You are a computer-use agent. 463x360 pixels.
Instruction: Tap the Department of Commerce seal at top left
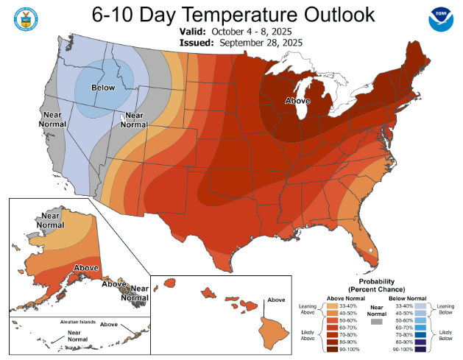24,19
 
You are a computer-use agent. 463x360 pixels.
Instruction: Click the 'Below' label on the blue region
104,88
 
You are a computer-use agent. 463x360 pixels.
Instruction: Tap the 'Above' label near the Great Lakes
297,101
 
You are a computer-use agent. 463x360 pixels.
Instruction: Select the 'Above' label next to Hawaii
276,300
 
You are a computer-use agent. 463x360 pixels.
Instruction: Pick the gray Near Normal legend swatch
377,321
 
